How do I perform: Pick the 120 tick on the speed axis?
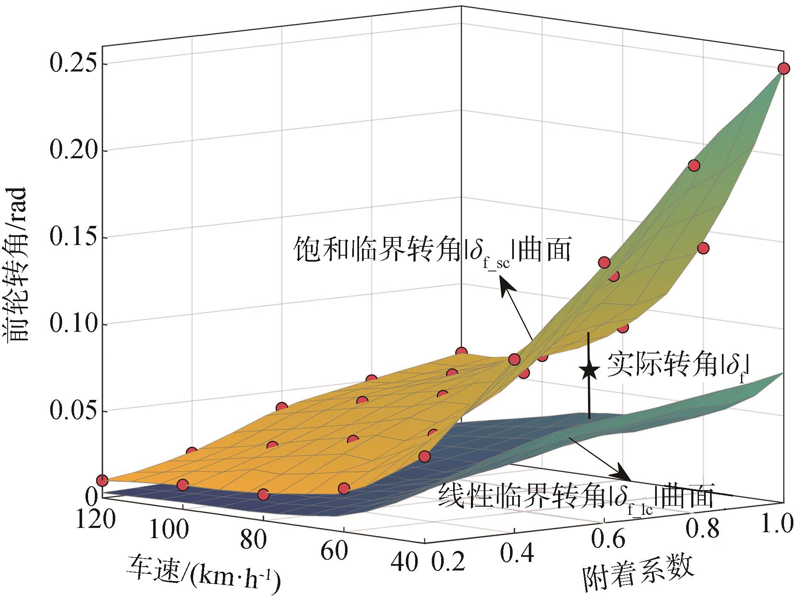point(96,519)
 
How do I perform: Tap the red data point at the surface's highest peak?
point(784,68)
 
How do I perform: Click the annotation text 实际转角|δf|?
point(676,365)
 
